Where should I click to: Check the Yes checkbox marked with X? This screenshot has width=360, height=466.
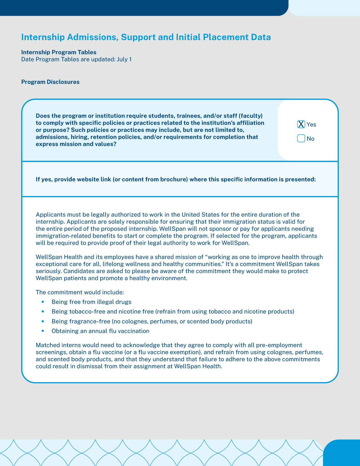pos(301,124)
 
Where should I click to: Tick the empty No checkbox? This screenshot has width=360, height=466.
pos(301,138)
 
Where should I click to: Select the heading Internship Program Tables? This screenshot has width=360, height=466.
pos(59,52)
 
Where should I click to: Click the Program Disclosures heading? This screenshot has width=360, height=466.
pos(50,82)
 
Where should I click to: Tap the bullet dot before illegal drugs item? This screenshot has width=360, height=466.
pos(43,302)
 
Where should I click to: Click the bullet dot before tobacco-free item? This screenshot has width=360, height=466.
pos(43,312)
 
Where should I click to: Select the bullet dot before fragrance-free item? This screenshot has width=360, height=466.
pos(43,321)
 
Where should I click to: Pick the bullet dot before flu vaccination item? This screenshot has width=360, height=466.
pos(43,331)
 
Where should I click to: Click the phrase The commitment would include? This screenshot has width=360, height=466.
pos(80,292)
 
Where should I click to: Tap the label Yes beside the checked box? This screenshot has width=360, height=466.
pos(311,125)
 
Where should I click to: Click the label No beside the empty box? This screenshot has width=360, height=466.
pos(310,139)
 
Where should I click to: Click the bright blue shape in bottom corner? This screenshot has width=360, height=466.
pos(342,453)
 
